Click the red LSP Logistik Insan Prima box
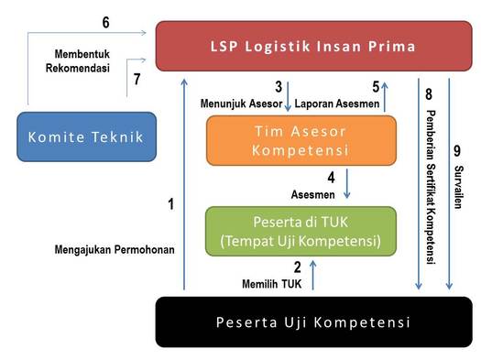[314, 46]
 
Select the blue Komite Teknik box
[86, 136]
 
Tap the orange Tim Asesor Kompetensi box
[301, 140]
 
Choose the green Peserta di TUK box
[301, 231]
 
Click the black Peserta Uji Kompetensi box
[314, 322]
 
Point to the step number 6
[105, 22]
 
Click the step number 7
[137, 79]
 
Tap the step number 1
[170, 204]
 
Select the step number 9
[457, 151]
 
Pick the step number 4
[331, 177]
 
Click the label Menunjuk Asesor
[242, 104]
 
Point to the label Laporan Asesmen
[337, 104]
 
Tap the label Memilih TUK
[272, 284]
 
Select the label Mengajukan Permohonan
[115, 249]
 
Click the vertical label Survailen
[459, 187]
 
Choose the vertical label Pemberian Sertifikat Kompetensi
[431, 187]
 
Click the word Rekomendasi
[78, 68]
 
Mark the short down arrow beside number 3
[288, 96]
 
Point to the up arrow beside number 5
[385, 96]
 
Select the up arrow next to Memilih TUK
[313, 275]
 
